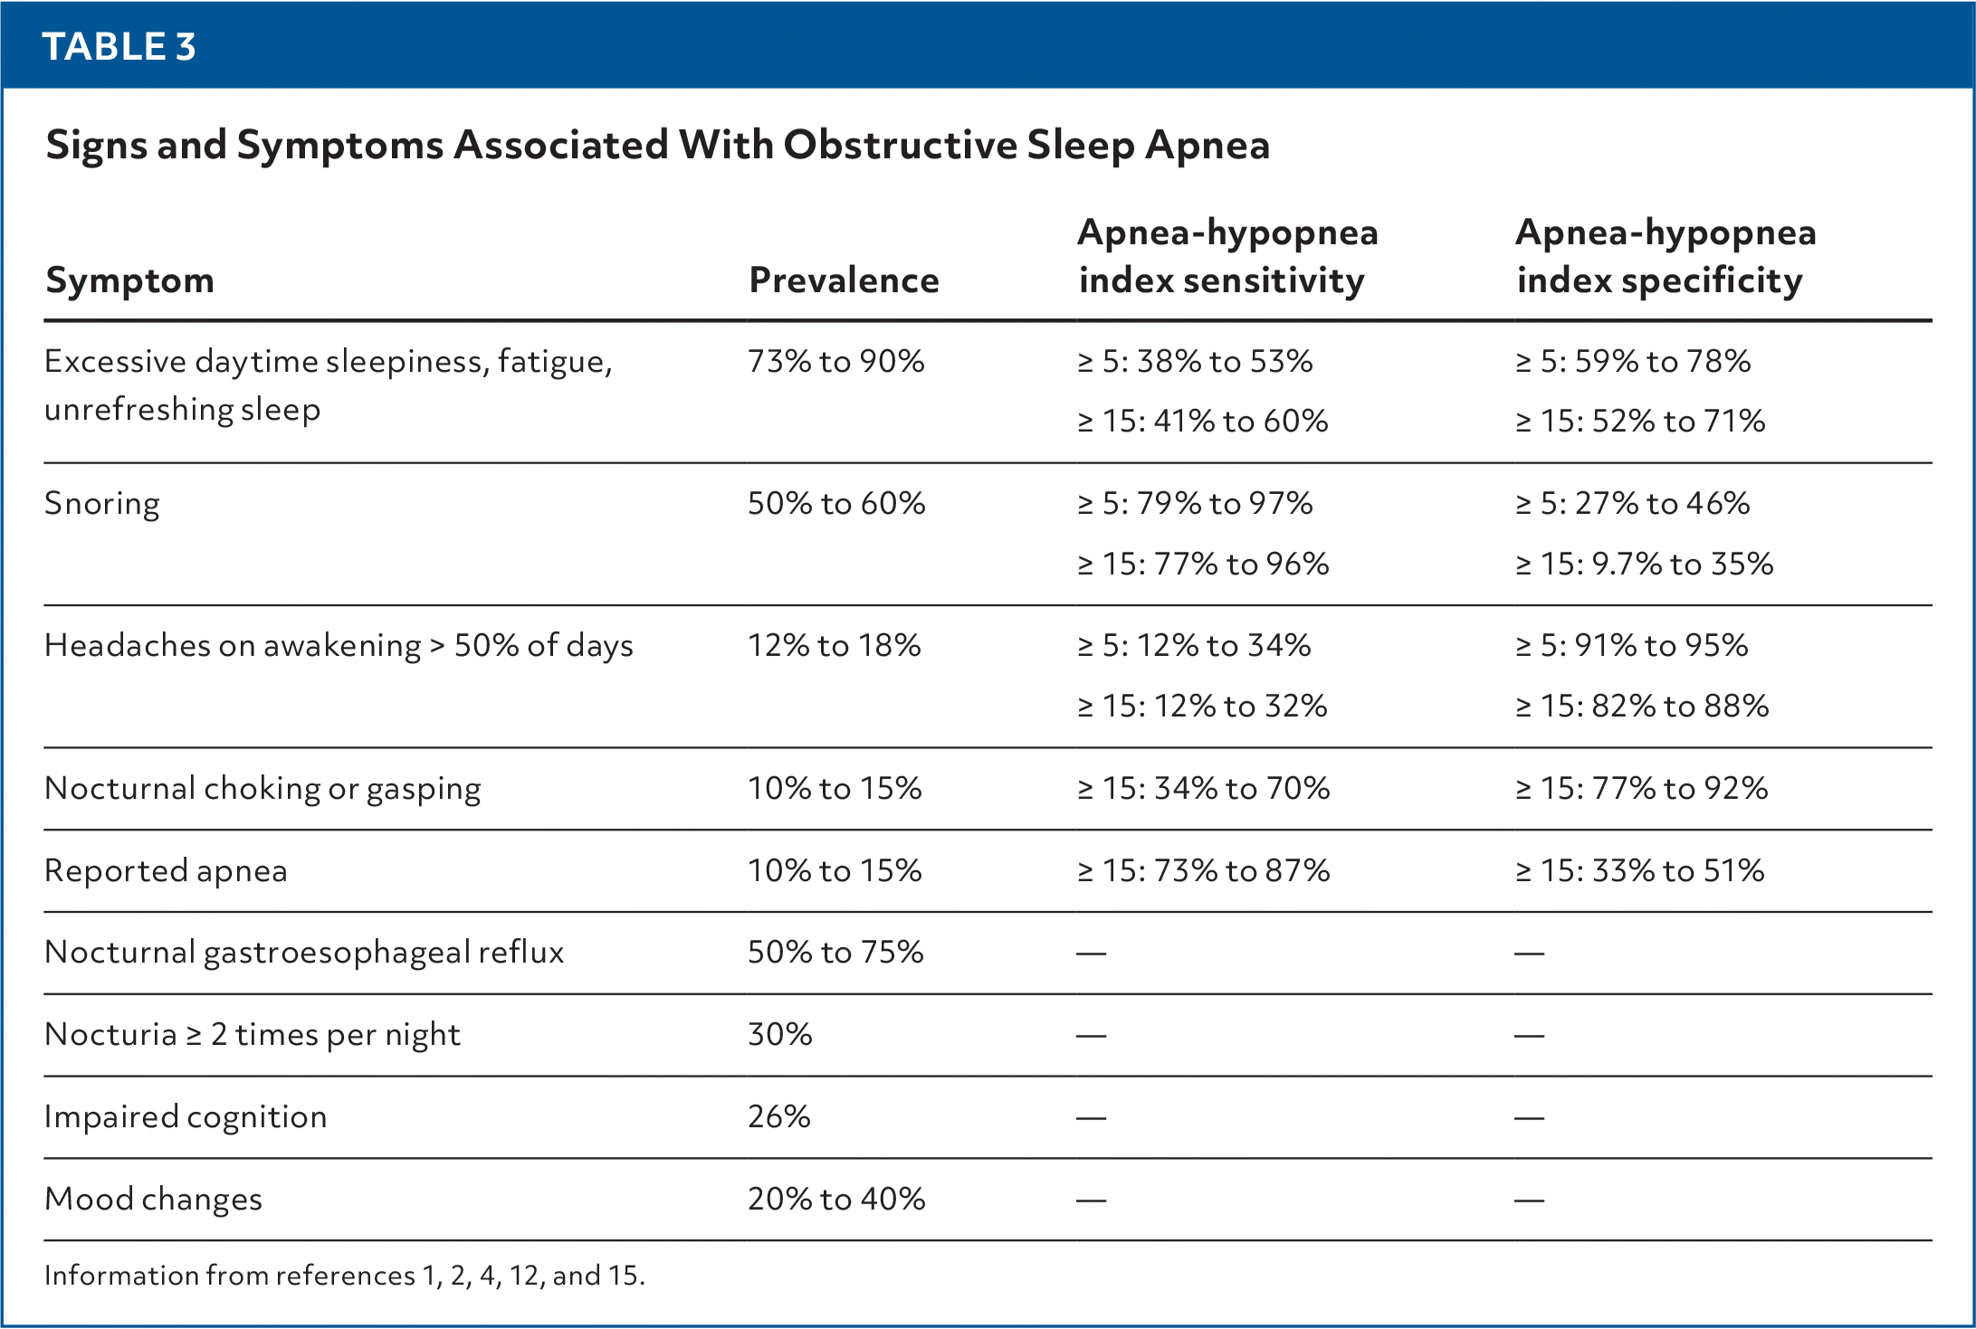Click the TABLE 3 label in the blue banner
119,47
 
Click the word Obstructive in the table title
901,145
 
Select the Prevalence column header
844,280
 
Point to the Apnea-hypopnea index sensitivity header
1228,257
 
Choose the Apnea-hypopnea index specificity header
1666,257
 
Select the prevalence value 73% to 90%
836,362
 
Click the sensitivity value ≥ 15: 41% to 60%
1203,422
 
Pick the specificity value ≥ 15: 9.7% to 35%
1645,565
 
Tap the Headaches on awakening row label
339,646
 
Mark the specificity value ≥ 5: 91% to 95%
1632,646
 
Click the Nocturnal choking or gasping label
263,789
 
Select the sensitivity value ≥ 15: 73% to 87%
1204,871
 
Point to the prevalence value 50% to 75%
835,953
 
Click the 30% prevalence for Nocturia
780,1035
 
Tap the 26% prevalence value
779,1117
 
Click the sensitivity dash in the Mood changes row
1092,1201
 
